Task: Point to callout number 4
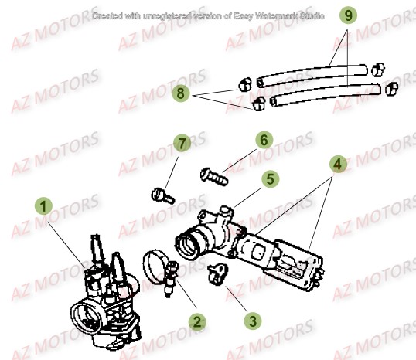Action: tap(337, 164)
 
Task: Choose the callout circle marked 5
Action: tap(268, 179)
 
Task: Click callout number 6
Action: tap(263, 140)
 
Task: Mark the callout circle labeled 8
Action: tap(182, 93)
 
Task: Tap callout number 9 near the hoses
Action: tap(349, 15)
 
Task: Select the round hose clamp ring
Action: tap(158, 265)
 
